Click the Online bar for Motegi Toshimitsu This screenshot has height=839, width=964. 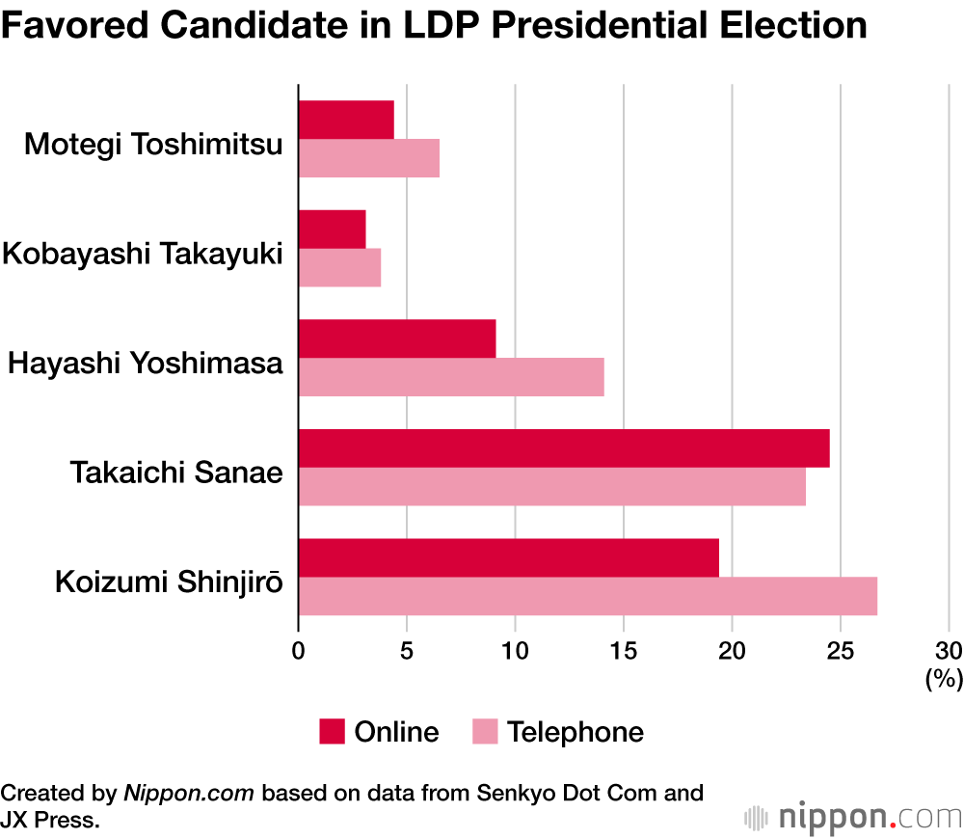pos(346,120)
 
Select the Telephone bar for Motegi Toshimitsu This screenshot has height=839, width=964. pos(369,158)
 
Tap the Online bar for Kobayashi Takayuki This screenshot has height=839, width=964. pos(332,229)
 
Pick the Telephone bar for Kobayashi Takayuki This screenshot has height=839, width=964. pos(339,267)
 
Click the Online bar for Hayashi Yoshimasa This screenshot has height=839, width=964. pos(397,338)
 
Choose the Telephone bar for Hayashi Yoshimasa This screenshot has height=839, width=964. pos(451,377)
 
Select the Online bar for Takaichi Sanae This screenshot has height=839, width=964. pos(564,448)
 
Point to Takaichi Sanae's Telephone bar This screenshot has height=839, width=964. pos(551,486)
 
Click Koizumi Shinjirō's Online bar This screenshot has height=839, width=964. pos(509,557)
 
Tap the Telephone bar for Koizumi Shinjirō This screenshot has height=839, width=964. pos(588,596)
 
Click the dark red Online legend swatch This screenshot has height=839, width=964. pos(332,732)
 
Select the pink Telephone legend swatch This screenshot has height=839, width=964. pos(485,732)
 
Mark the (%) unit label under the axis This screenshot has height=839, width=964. pos(944,679)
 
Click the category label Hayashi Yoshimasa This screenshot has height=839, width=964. pos(146,364)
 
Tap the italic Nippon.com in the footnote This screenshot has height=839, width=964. pos(189,793)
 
